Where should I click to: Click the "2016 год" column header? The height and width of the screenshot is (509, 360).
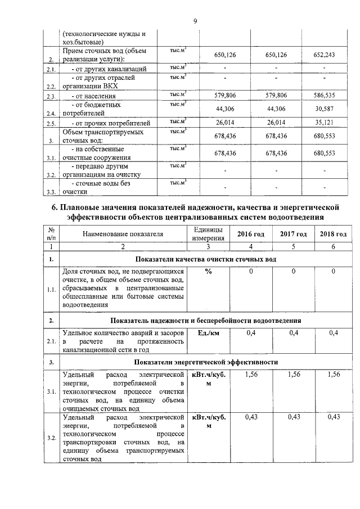pyautogui.click(x=251, y=234)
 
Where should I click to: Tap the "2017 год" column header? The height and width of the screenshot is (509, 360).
pyautogui.click(x=293, y=234)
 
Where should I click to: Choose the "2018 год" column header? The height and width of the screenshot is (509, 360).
pyautogui.click(x=333, y=234)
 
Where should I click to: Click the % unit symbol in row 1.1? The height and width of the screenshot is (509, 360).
pyautogui.click(x=208, y=272)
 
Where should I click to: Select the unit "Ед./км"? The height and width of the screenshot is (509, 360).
pyautogui.click(x=208, y=334)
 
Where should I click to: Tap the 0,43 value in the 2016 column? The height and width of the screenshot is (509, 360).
pyautogui.click(x=251, y=417)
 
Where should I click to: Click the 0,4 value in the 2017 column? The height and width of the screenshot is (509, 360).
pyautogui.click(x=293, y=334)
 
